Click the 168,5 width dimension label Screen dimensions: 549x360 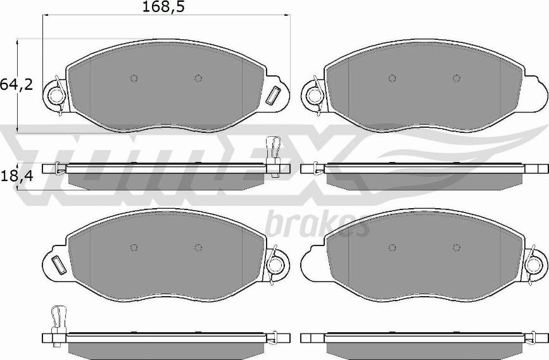(163, 7)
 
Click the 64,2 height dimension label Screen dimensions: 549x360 (16, 85)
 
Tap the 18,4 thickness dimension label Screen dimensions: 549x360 (16, 177)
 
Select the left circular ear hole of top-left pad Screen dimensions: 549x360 (56, 95)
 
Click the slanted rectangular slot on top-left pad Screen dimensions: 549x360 (273, 95)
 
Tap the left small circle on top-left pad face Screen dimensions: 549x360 (134, 78)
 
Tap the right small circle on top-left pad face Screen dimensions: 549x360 (198, 78)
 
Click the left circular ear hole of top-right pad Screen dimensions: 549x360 (315, 95)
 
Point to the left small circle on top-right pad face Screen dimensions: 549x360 (392, 78)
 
